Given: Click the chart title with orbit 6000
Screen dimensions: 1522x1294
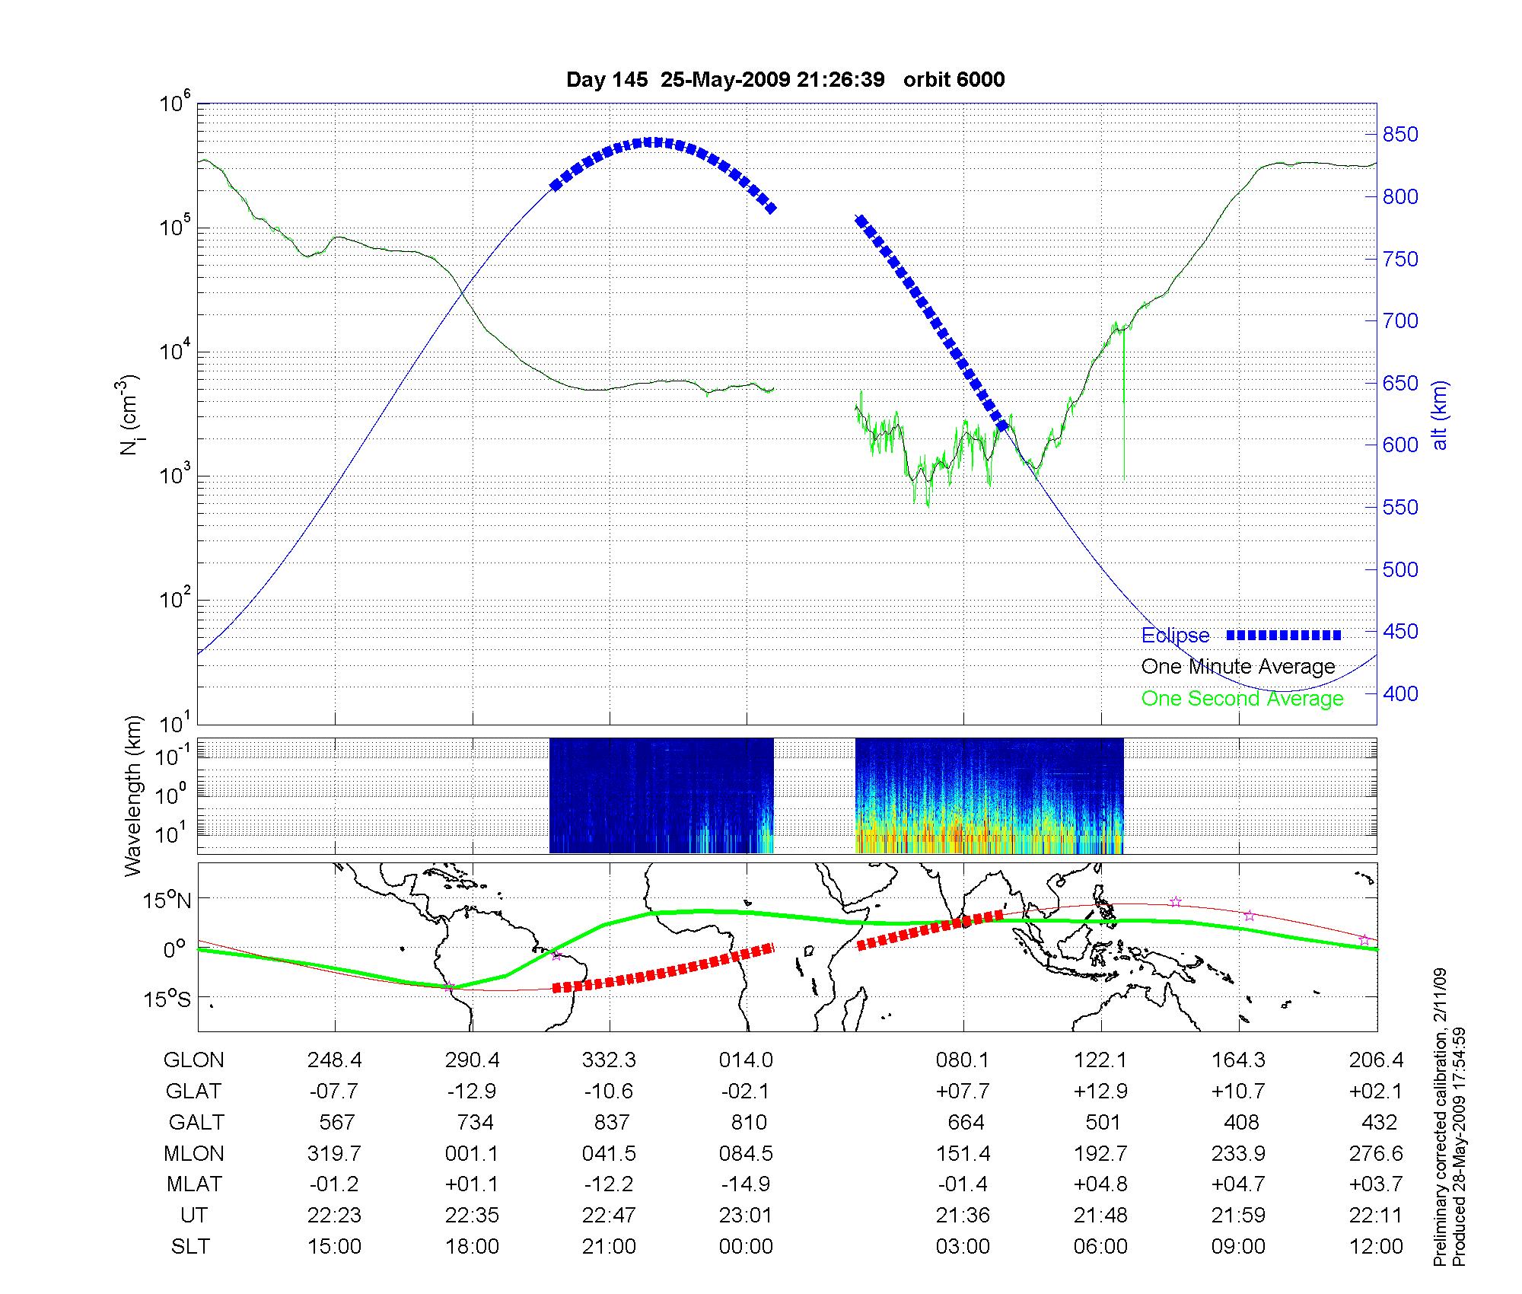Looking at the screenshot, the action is click(x=785, y=80).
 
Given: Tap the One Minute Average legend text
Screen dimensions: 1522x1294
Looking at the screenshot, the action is click(x=1238, y=667).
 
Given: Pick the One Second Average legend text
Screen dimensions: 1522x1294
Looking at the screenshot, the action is click(x=1242, y=699).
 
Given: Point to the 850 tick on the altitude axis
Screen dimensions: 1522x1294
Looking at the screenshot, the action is click(x=1400, y=135).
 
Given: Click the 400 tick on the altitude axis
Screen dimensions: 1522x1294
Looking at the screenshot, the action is click(x=1400, y=693).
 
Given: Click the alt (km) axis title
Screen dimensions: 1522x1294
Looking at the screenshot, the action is click(x=1440, y=415).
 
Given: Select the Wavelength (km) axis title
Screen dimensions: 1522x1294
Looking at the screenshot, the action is click(x=133, y=796).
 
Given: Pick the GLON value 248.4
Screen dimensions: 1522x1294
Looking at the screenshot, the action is click(x=335, y=1060).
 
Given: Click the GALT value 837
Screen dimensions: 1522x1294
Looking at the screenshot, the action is click(x=611, y=1122).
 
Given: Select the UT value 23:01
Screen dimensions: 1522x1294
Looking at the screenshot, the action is click(x=746, y=1216).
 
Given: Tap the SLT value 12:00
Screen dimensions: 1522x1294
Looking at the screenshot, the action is click(x=1376, y=1247).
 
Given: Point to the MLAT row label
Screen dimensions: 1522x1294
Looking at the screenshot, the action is click(x=194, y=1184).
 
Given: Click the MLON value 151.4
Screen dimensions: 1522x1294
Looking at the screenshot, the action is click(x=963, y=1153).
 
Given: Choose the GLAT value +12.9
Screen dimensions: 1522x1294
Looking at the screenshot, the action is click(x=1100, y=1091).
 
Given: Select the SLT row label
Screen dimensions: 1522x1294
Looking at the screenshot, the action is click(x=190, y=1247).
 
